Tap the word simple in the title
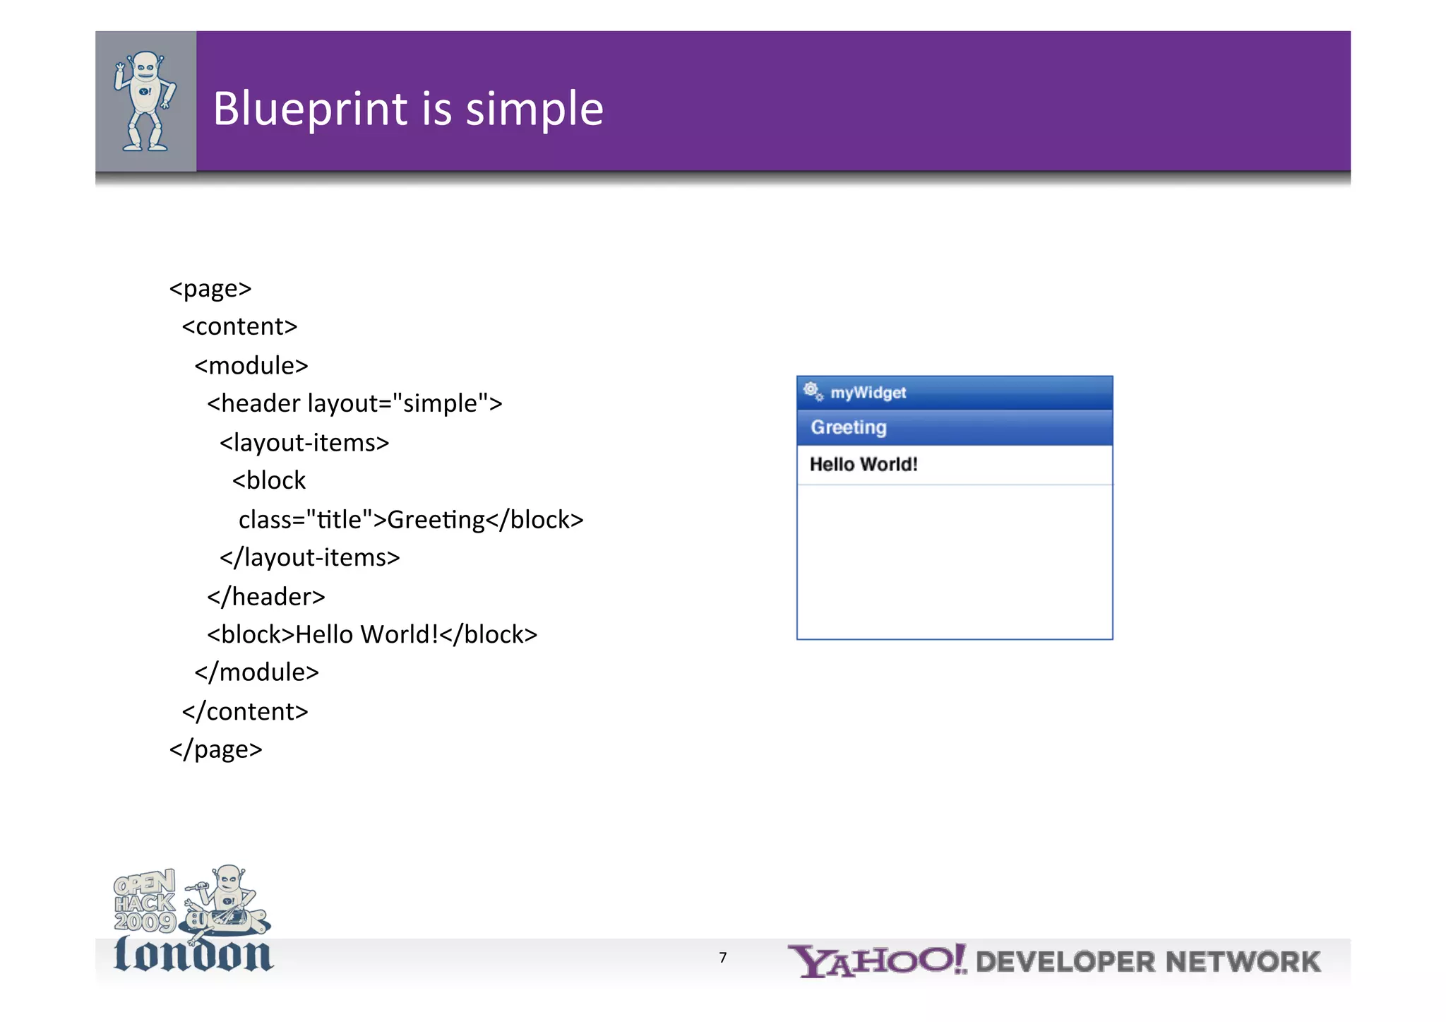[534, 109]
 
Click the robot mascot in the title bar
[145, 101]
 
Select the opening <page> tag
[210, 289]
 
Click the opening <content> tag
[239, 326]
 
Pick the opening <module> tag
[251, 365]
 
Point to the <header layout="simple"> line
[354, 403]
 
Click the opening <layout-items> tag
[304, 442]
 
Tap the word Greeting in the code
[436, 520]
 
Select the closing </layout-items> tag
[309, 558]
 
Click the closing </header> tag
[265, 597]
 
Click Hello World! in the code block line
[366, 634]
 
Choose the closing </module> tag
[256, 672]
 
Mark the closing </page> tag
[215, 749]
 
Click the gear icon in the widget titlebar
[813, 391]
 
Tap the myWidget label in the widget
[868, 393]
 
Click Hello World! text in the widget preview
[863, 464]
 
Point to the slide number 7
[722, 958]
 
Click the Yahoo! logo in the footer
[876, 961]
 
